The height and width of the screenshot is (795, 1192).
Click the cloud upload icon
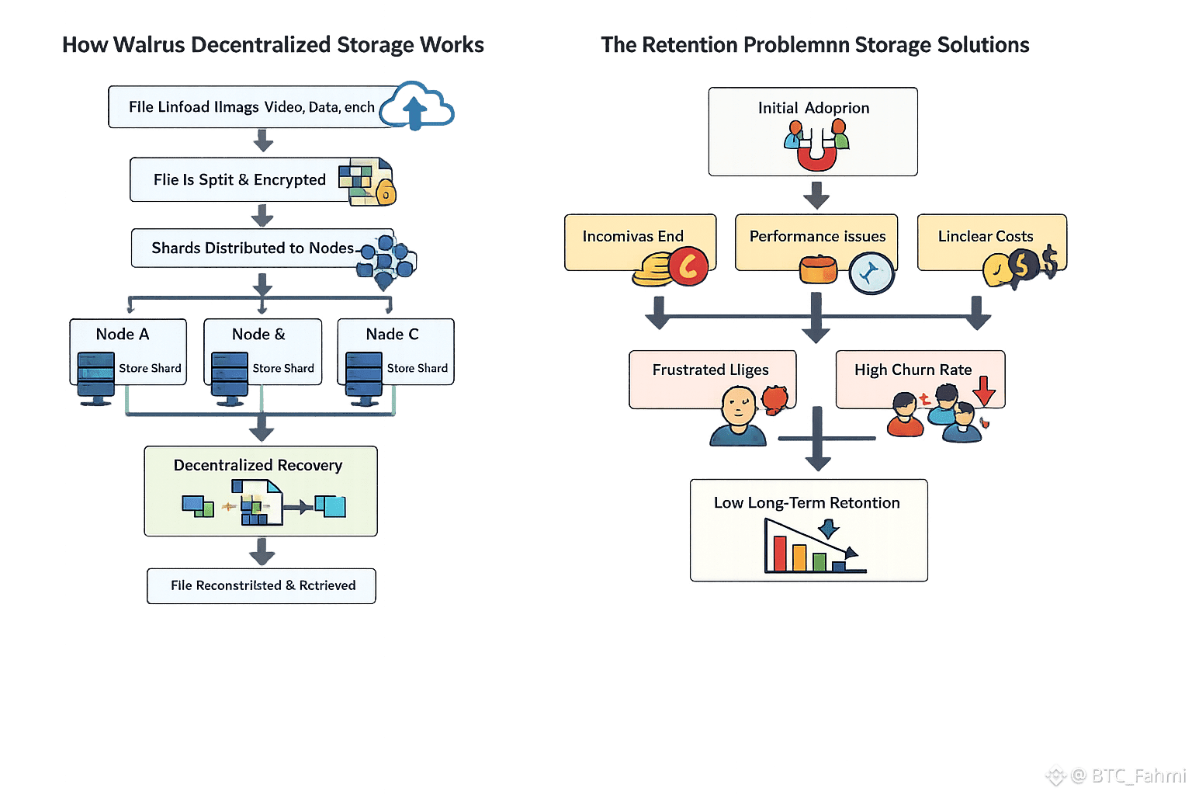point(418,106)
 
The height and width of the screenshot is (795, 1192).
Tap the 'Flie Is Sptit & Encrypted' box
point(241,180)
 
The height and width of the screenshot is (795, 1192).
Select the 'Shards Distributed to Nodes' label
point(252,248)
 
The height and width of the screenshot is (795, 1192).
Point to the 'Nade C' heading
point(392,334)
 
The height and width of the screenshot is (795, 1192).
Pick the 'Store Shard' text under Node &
point(283,368)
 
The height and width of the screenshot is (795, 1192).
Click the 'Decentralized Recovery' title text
point(258,465)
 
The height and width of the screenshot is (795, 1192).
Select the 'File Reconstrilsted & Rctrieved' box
point(262,585)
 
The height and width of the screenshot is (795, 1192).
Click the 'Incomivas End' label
point(632,236)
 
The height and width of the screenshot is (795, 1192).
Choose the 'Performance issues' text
point(817,236)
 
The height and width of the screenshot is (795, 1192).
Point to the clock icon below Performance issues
point(871,274)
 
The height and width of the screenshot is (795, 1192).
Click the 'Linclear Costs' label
point(985,236)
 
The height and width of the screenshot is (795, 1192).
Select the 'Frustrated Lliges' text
point(710,370)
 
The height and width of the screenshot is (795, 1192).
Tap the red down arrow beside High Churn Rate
point(984,390)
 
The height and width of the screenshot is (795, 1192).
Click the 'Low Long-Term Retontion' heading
point(806,502)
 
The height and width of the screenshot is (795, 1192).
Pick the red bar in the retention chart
point(779,553)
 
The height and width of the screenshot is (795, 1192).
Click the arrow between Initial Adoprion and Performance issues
point(816,195)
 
